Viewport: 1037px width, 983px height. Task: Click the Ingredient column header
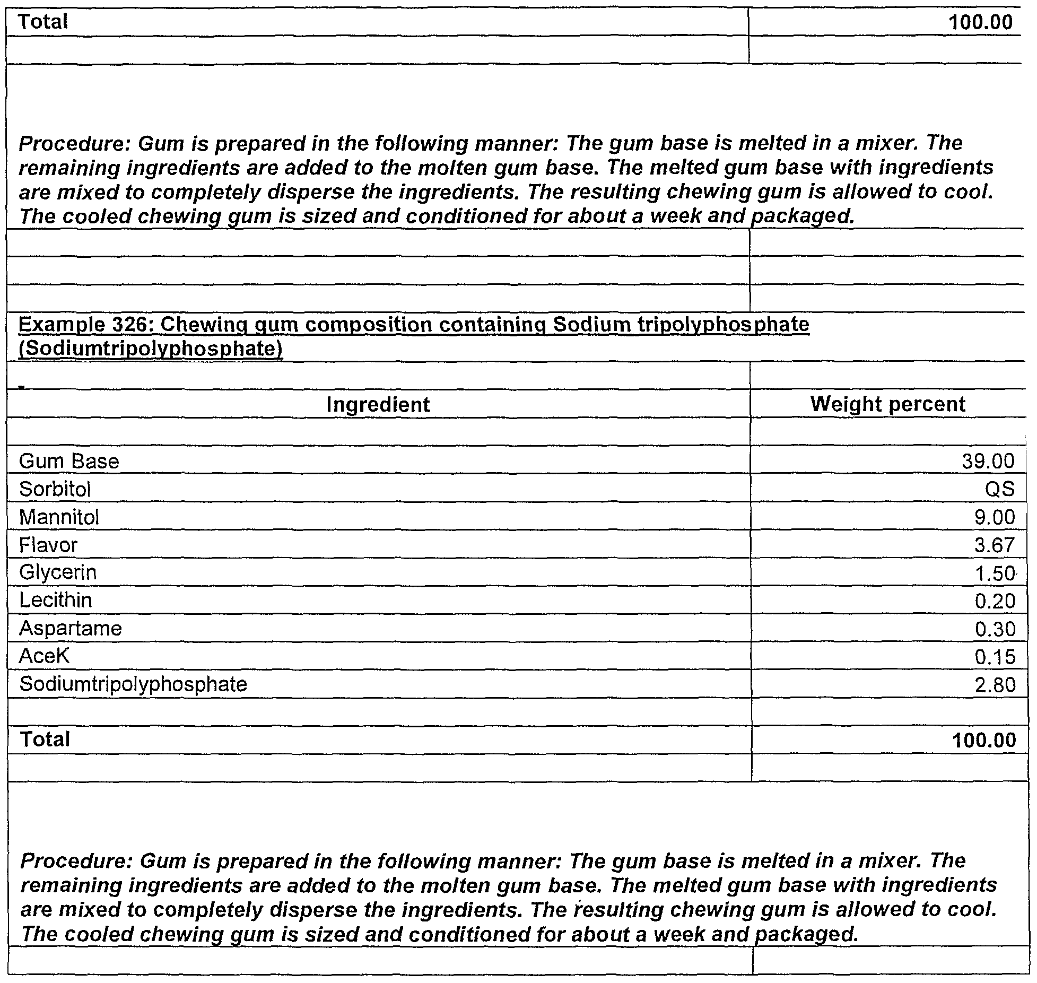pyautogui.click(x=378, y=405)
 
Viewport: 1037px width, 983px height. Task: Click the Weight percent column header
pyautogui.click(x=887, y=404)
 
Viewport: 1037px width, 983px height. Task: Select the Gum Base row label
pyautogui.click(x=69, y=461)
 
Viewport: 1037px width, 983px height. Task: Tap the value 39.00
pyautogui.click(x=988, y=462)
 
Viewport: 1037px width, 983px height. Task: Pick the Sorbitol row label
pyautogui.click(x=55, y=489)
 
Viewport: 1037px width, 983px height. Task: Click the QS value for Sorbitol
pyautogui.click(x=999, y=489)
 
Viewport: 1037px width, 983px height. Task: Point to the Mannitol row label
pyautogui.click(x=59, y=517)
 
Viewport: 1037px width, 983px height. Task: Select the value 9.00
pyautogui.click(x=994, y=517)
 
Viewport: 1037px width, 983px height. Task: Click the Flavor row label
pyautogui.click(x=48, y=545)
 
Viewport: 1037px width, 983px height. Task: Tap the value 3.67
pyautogui.click(x=994, y=545)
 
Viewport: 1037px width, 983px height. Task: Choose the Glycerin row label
pyautogui.click(x=58, y=573)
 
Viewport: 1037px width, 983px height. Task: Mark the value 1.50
pyautogui.click(x=994, y=573)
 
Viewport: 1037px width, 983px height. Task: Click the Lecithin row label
pyautogui.click(x=56, y=601)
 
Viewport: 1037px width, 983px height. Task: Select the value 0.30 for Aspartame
pyautogui.click(x=995, y=629)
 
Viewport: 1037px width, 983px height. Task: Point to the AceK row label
pyautogui.click(x=44, y=657)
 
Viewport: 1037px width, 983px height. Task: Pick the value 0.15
pyautogui.click(x=995, y=657)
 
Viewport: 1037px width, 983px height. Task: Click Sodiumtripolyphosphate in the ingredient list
pyautogui.click(x=133, y=684)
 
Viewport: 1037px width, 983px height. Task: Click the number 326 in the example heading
pyautogui.click(x=127, y=325)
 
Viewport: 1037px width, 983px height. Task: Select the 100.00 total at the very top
pyautogui.click(x=980, y=22)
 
